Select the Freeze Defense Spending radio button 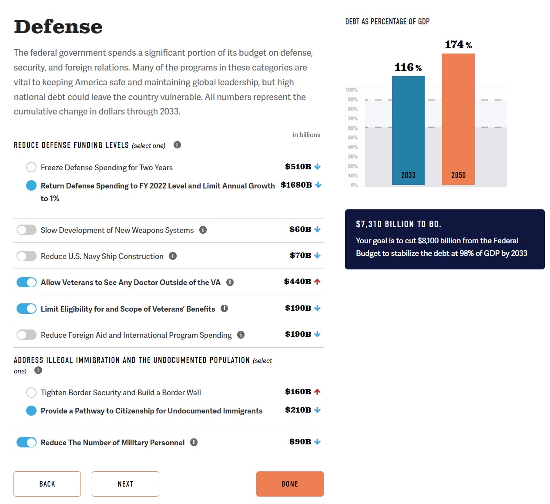coord(31,167)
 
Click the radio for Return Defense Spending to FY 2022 coord(31,185)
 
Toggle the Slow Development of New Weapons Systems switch coord(27,230)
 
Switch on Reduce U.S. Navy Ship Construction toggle coord(27,256)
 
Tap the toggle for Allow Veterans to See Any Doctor coord(27,282)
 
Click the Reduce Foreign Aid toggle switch coord(27,335)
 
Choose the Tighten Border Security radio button coord(31,393)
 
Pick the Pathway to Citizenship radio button coord(31,410)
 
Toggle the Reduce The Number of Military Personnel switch coord(27,442)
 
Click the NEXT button coord(125,484)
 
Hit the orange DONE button coord(290,484)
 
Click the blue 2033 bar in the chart coord(408,131)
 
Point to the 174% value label coord(458,45)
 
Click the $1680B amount coord(296,185)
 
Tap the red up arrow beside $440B coord(317,282)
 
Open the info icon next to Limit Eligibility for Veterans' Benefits coord(225,308)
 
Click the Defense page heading coord(58,27)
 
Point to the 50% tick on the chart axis coord(352,138)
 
